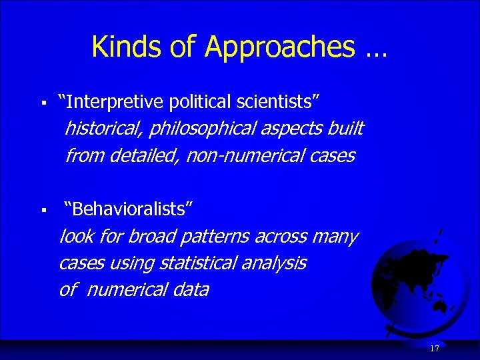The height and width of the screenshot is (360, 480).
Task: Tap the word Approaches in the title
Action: pyautogui.click(x=280, y=47)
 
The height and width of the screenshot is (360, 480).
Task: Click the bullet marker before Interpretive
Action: pyautogui.click(x=43, y=103)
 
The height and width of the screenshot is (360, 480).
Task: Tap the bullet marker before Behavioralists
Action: pyautogui.click(x=43, y=211)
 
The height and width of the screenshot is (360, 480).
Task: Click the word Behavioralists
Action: pyautogui.click(x=129, y=209)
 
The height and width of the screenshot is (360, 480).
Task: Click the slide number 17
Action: pyautogui.click(x=435, y=349)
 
